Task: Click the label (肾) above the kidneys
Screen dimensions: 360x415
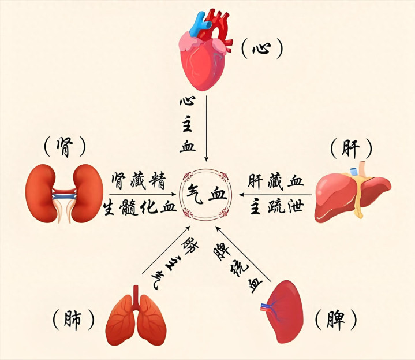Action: (x=64, y=147)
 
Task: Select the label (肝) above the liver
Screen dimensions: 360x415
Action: (x=350, y=149)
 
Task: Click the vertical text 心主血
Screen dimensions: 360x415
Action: (x=186, y=124)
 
